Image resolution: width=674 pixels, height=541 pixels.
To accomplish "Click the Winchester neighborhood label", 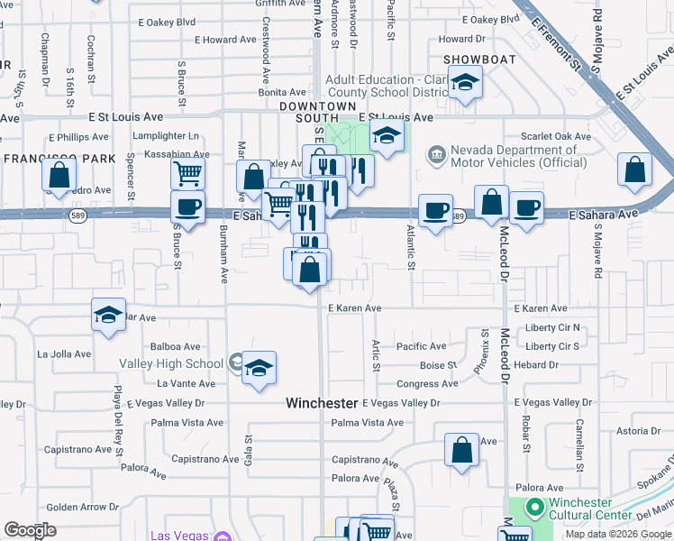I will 322,402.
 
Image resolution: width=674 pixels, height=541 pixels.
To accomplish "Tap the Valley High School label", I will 171,363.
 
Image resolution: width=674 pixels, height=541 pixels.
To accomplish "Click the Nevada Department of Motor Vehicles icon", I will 436,154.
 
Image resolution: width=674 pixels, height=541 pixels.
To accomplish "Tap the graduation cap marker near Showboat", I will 465,83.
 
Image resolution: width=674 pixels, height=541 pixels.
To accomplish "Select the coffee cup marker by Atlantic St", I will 435,210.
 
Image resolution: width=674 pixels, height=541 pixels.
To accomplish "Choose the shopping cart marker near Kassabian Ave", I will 188,171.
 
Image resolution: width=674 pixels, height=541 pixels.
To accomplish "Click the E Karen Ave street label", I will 354,308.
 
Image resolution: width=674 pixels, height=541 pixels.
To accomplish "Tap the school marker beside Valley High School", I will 259,367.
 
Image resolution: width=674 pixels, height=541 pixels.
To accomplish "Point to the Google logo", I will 30,530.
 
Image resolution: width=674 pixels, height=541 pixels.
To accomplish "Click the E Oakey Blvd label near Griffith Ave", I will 167,22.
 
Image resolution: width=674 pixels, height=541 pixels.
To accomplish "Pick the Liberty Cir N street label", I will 552,327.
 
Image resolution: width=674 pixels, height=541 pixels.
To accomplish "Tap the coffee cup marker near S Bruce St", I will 187,206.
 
